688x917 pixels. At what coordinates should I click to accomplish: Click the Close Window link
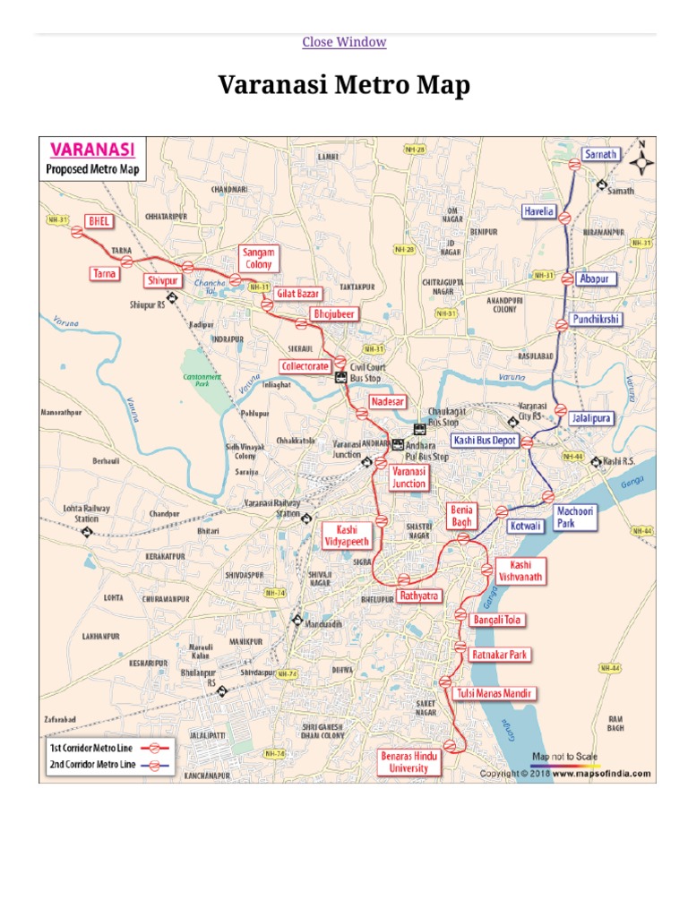344,42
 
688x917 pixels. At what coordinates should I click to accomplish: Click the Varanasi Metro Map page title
344,86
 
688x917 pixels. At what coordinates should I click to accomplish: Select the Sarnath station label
600,154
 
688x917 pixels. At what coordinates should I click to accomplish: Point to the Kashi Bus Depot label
484,441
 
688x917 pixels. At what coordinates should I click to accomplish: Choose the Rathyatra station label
419,595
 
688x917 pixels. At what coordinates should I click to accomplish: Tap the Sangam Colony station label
260,259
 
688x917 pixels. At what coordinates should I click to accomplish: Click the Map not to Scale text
564,757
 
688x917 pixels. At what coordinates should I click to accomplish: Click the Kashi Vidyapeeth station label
345,536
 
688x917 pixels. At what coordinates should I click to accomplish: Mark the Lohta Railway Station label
87,513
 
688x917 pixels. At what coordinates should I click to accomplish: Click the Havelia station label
539,212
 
